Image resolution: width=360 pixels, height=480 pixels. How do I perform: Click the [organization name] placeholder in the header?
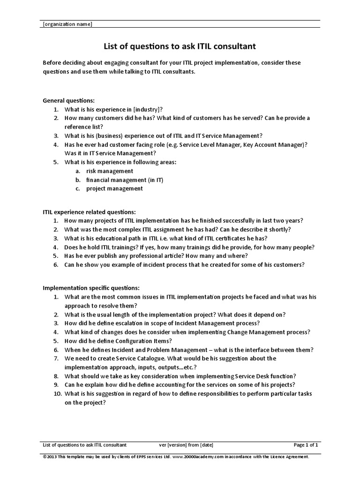[67, 24]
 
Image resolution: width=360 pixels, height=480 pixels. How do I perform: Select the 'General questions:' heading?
[68, 100]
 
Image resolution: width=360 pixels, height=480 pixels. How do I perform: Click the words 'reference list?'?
[84, 127]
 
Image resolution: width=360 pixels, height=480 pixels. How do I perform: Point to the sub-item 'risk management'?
[110, 171]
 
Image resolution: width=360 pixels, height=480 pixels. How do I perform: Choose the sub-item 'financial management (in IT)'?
[125, 180]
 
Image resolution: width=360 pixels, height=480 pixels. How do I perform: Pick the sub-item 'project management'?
[114, 188]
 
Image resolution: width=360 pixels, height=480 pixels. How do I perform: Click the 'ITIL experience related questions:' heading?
[89, 212]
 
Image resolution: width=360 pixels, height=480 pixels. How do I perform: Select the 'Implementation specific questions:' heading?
[91, 288]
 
